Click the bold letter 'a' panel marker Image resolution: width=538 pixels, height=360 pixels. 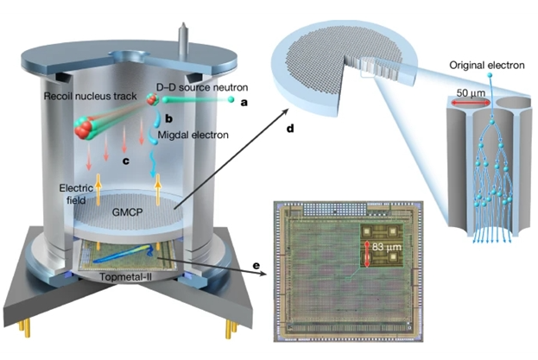(244, 102)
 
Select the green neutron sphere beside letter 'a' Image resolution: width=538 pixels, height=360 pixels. (231, 101)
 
